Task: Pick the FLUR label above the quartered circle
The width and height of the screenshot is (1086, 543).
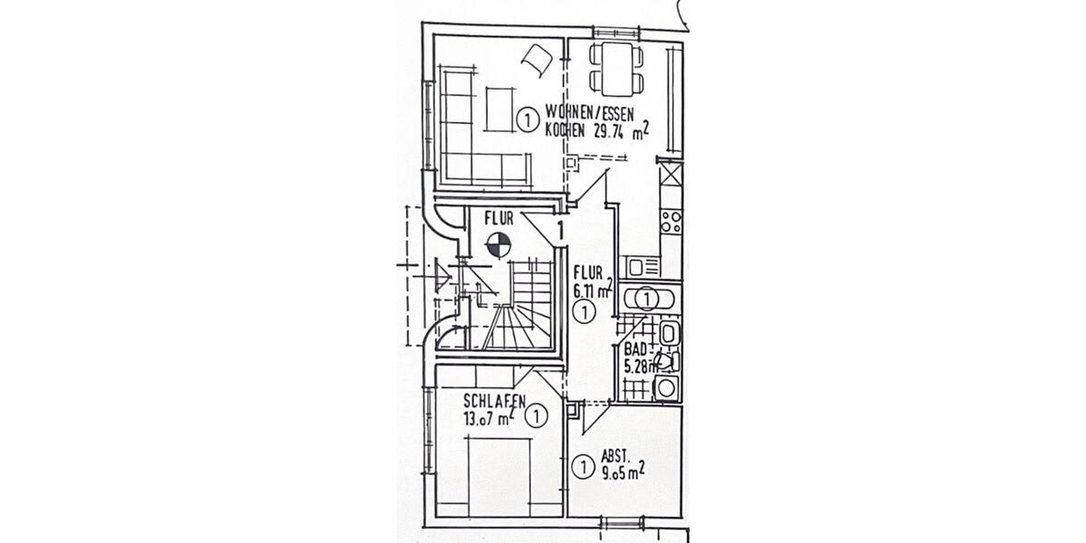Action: pyautogui.click(x=499, y=218)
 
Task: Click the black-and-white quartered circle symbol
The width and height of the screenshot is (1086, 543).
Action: pyautogui.click(x=497, y=243)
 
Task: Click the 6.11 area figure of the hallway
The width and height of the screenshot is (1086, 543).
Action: pyautogui.click(x=589, y=291)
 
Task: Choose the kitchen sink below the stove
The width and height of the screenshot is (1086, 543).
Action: pyautogui.click(x=643, y=267)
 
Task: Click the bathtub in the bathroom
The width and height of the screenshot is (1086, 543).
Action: pyautogui.click(x=651, y=297)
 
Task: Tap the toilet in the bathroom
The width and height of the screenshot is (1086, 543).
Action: pyautogui.click(x=665, y=362)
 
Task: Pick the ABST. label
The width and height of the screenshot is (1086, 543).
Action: pyautogui.click(x=615, y=456)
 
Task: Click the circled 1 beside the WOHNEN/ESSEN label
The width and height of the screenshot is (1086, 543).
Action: pyautogui.click(x=526, y=119)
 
